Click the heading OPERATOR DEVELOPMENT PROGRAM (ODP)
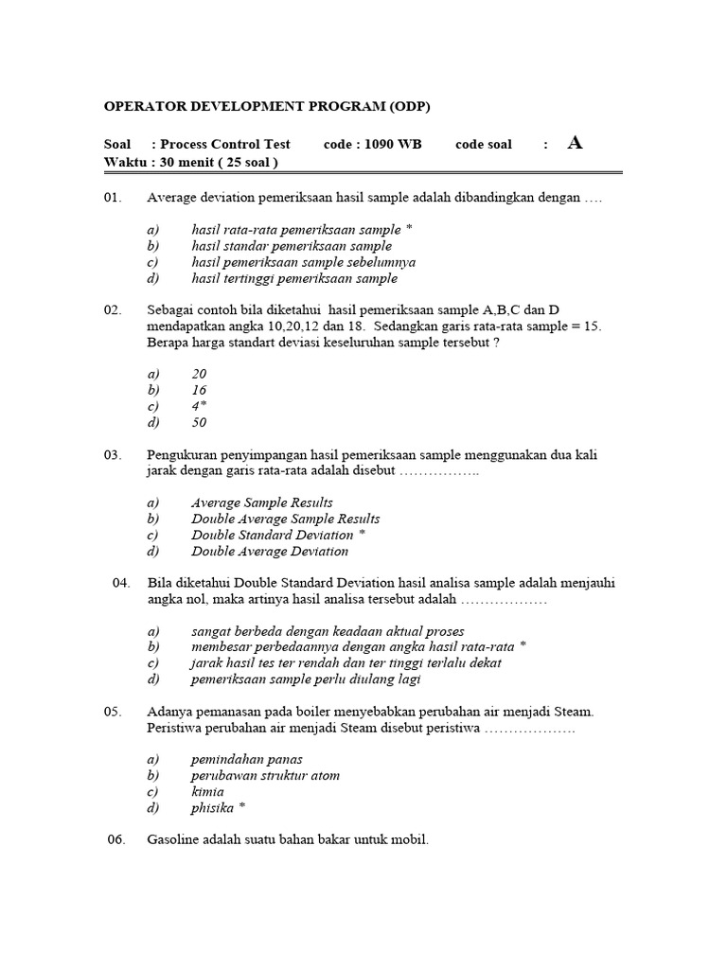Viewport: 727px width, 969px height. pyautogui.click(x=273, y=106)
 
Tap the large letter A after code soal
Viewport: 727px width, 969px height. pyautogui.click(x=575, y=143)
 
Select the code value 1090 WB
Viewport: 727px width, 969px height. pyautogui.click(x=397, y=145)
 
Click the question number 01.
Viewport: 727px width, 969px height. pyautogui.click(x=114, y=199)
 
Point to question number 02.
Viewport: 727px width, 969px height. pyautogui.click(x=114, y=310)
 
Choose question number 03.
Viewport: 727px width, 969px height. pyautogui.click(x=114, y=455)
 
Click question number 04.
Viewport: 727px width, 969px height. pyautogui.click(x=121, y=584)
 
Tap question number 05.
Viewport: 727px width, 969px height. pyautogui.click(x=114, y=712)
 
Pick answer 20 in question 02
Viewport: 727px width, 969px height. pyautogui.click(x=199, y=374)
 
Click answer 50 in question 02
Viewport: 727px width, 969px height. pyautogui.click(x=199, y=423)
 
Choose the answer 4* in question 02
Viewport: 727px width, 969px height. pyautogui.click(x=199, y=406)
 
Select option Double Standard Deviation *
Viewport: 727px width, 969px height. pyautogui.click(x=278, y=535)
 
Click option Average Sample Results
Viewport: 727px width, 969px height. pyautogui.click(x=261, y=502)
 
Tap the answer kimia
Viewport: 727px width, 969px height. pyautogui.click(x=207, y=791)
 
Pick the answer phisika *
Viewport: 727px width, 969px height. pyautogui.click(x=218, y=808)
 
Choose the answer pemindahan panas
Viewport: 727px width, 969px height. pyautogui.click(x=246, y=759)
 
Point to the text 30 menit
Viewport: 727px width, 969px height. pyautogui.click(x=189, y=162)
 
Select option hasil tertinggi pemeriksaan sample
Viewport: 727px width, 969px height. pyautogui.click(x=293, y=278)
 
